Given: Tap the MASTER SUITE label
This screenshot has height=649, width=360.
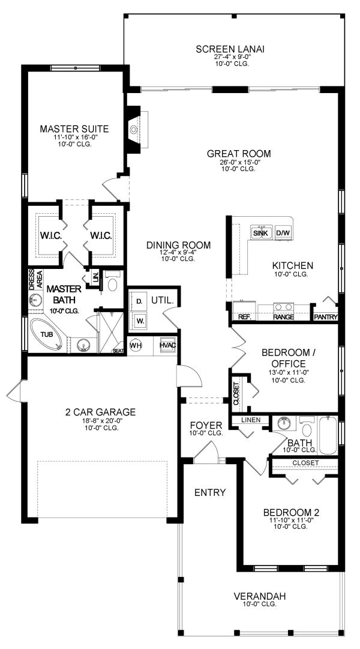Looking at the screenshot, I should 74,128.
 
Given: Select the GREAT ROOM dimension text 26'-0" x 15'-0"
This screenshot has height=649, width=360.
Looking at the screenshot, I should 237,162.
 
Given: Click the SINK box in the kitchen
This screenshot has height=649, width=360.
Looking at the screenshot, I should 260,233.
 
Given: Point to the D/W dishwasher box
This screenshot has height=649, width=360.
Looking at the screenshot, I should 283,233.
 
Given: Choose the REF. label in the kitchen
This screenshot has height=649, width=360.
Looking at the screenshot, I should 244,317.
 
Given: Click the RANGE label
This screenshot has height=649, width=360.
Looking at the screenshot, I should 283,317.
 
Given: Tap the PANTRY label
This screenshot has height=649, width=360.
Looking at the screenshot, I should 326,317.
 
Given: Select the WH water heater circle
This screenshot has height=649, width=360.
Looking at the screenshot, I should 136,346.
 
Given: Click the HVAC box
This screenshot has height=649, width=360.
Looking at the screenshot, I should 167,346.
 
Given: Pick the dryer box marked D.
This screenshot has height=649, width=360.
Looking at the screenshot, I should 139,300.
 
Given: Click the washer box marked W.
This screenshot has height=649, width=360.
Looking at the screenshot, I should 139,320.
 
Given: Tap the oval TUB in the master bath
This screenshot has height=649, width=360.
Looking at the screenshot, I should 46,335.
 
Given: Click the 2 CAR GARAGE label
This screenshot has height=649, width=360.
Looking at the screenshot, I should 100,412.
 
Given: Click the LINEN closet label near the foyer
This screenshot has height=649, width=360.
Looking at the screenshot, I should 251,420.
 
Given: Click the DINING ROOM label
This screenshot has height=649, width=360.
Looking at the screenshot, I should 178,245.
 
